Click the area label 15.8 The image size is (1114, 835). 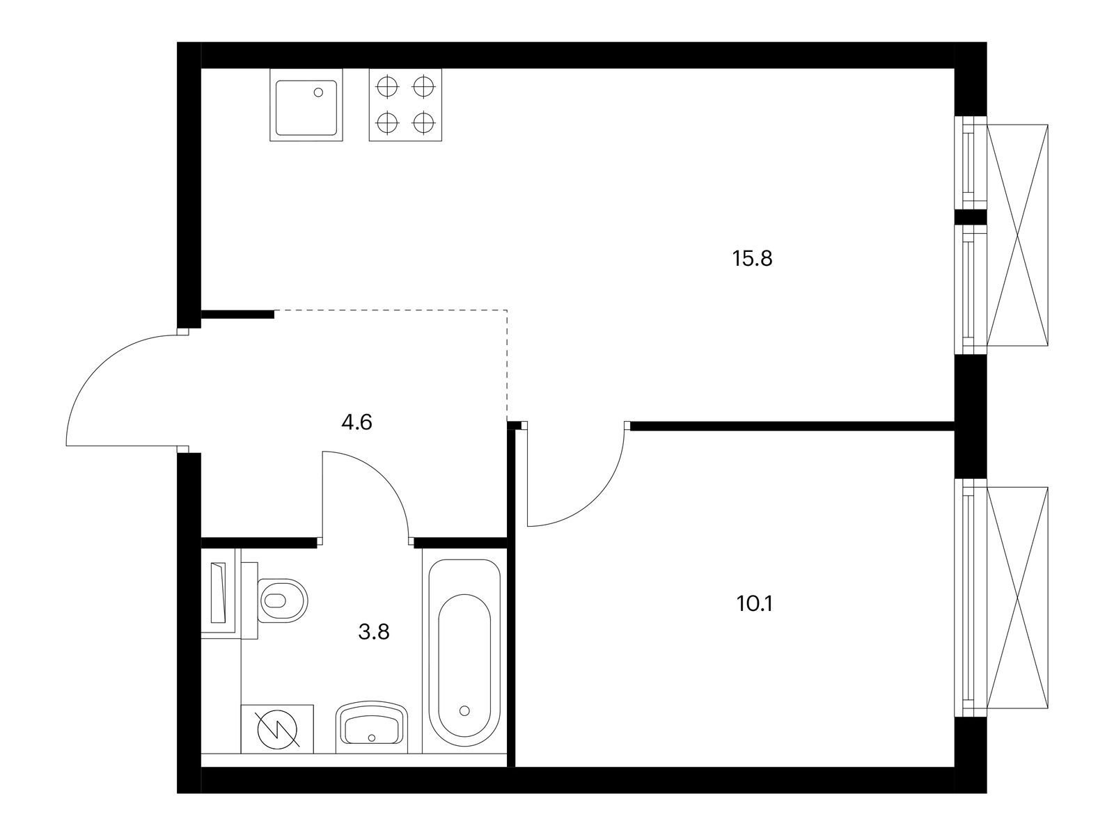(753, 260)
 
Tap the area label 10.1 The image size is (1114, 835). (755, 603)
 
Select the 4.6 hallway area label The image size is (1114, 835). (357, 422)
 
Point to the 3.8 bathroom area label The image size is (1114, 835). (374, 632)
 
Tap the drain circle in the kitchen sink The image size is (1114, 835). (320, 92)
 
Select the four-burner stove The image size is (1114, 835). (405, 106)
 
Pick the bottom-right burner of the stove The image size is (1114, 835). (423, 124)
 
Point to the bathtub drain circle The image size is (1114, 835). (464, 710)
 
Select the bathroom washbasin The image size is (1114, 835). (372, 728)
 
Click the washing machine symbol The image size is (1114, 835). (277, 729)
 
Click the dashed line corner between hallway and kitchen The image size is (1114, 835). (507, 310)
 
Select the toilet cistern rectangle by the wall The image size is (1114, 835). (220, 593)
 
